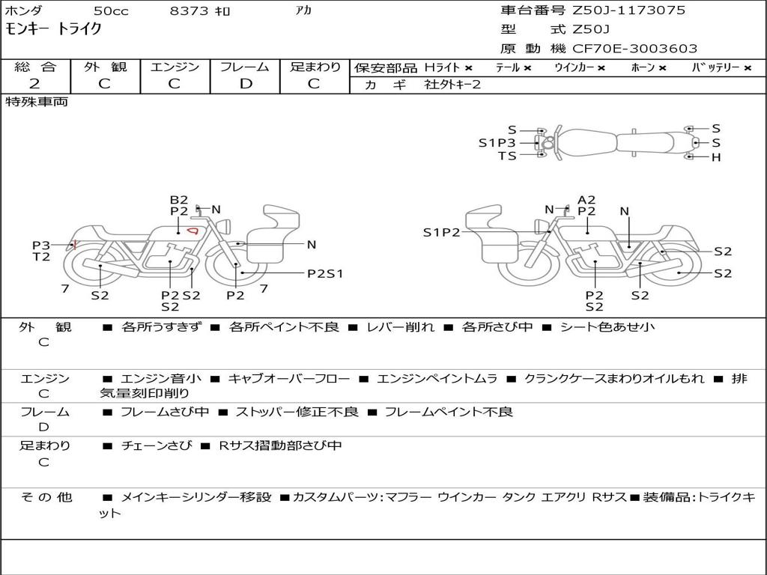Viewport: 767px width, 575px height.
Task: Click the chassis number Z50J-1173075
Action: tap(628, 10)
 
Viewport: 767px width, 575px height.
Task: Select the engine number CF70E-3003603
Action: tap(634, 49)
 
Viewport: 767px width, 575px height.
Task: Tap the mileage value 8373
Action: tap(189, 10)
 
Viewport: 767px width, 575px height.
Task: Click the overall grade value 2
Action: tap(34, 84)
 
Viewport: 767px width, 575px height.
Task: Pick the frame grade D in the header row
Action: tap(246, 84)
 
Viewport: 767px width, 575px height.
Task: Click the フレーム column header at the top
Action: tap(245, 67)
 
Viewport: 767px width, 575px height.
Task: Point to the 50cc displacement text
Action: tap(111, 10)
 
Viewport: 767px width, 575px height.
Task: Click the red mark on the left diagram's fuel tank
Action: tap(194, 230)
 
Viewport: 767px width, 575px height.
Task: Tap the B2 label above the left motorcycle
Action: tap(179, 199)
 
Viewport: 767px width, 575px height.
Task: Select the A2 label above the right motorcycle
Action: tap(586, 199)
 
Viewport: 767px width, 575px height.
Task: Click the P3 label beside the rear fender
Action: tap(41, 245)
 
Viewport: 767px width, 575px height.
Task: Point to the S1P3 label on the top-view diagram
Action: tap(497, 143)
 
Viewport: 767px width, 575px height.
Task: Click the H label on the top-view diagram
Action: tap(716, 157)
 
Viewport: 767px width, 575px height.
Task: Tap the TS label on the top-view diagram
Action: tap(507, 156)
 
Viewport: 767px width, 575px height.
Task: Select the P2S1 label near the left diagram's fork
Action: tap(325, 274)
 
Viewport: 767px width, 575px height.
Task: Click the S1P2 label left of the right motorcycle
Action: tap(442, 232)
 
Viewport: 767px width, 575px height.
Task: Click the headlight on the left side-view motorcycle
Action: tap(225, 227)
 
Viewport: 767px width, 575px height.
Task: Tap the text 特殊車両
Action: tap(37, 102)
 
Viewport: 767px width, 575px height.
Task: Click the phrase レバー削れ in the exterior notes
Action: tap(400, 326)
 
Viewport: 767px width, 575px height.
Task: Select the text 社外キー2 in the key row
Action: tap(452, 84)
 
